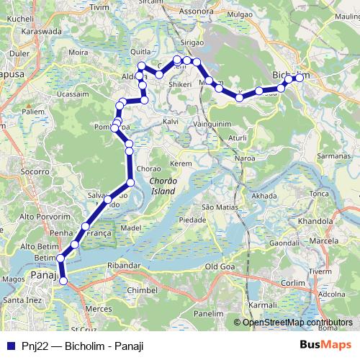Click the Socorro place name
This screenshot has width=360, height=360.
(35, 172)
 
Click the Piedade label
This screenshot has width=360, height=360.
(192, 219)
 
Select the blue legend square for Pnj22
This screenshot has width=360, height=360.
(11, 346)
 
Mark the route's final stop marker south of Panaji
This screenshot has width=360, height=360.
(63, 282)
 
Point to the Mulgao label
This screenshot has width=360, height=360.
(239, 13)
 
